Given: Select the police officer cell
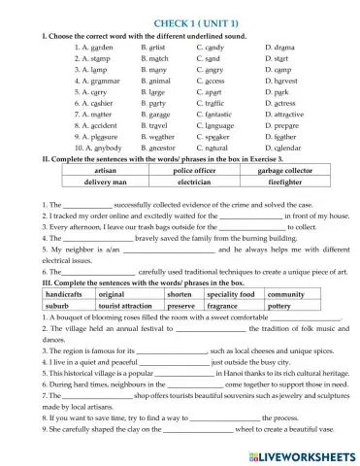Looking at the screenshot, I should [x=195, y=183].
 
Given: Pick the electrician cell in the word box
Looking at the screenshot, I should [x=195, y=195].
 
